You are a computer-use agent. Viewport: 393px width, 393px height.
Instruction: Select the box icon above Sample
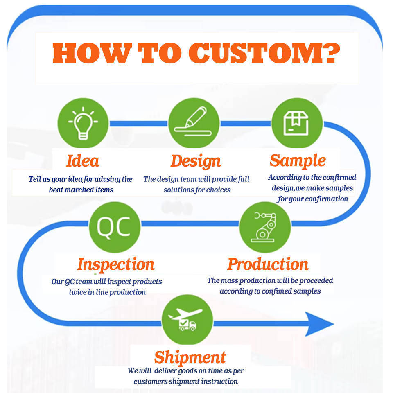296,124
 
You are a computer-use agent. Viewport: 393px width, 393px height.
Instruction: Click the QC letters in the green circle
113,227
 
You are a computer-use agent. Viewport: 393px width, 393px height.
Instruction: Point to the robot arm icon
264,227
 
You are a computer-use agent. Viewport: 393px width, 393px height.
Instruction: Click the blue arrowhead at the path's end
319,324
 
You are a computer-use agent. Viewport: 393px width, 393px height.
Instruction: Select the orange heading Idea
83,160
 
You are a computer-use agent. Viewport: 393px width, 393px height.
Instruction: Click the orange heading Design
196,161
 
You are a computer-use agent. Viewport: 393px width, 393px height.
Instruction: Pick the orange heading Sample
298,160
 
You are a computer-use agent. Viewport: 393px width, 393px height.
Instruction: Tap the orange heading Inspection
116,264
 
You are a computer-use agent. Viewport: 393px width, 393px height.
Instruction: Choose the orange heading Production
268,264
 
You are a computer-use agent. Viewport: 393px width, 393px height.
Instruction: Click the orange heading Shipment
190,357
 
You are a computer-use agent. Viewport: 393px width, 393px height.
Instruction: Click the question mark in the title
330,53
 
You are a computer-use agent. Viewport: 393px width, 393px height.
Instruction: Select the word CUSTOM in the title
254,53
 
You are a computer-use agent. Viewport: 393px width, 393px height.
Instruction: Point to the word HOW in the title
92,53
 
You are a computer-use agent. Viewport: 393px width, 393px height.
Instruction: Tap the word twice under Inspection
78,292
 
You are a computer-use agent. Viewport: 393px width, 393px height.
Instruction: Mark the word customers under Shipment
150,382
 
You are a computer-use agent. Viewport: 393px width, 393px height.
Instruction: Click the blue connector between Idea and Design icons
139,124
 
